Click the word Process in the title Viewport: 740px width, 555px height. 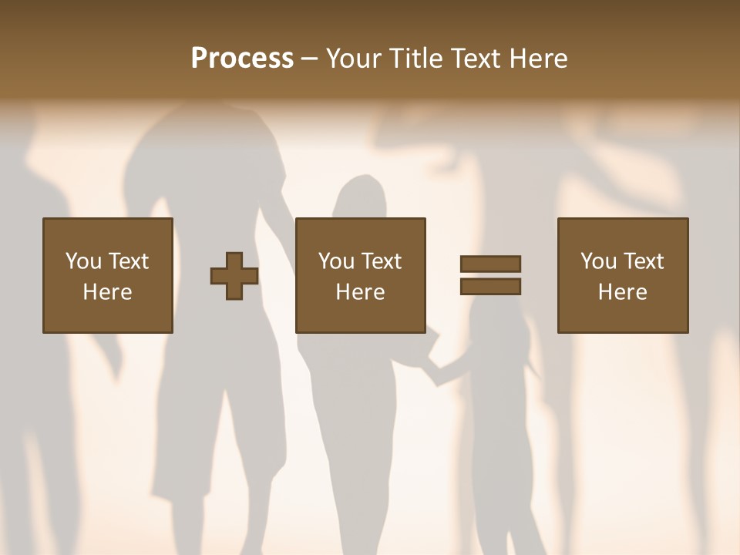click(242, 59)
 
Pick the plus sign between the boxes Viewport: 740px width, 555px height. click(234, 276)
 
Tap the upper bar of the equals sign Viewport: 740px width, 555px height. click(490, 264)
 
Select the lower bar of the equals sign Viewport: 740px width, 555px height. click(490, 286)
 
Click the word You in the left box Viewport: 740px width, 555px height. click(83, 261)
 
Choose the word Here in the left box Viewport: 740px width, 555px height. click(107, 292)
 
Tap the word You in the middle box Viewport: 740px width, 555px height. click(337, 261)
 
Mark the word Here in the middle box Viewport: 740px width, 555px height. click(360, 292)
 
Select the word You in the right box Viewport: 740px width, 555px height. click(599, 261)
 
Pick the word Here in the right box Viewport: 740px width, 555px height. click(622, 292)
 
